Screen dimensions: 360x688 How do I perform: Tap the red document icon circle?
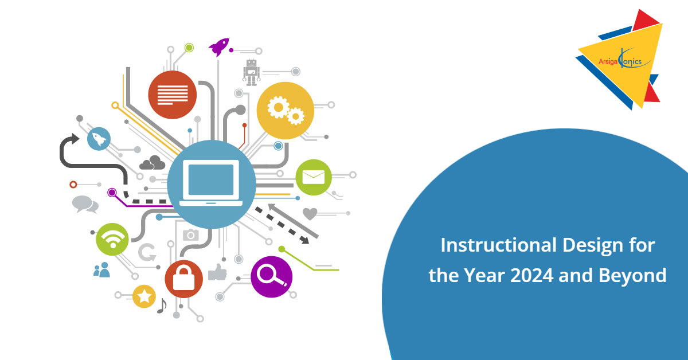(172, 95)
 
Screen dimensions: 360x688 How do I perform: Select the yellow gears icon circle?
(286, 111)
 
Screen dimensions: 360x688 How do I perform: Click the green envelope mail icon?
(314, 177)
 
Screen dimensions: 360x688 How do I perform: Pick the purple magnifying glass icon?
(271, 276)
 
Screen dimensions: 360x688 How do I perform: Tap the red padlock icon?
(183, 279)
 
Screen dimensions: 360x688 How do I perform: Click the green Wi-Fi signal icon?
(112, 238)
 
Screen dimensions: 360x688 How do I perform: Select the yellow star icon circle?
(144, 296)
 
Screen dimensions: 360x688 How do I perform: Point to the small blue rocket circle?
(99, 139)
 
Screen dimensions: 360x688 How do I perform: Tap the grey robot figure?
(251, 72)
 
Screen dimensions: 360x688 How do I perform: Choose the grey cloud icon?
(152, 163)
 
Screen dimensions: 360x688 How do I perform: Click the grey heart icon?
(310, 214)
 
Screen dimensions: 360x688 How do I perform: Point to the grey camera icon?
(190, 234)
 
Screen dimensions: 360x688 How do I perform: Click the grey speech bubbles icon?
(85, 204)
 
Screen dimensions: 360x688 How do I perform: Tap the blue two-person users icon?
(101, 269)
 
